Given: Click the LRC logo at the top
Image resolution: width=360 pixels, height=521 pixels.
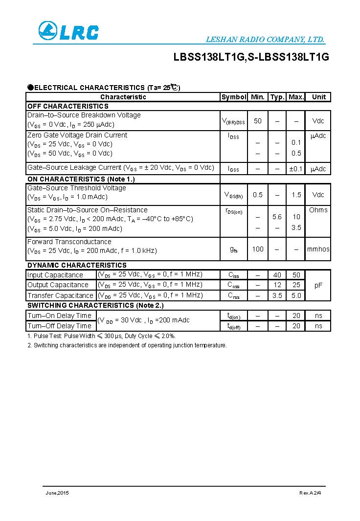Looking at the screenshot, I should [68, 32].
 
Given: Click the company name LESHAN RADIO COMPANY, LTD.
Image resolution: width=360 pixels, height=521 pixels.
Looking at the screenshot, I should [265, 40].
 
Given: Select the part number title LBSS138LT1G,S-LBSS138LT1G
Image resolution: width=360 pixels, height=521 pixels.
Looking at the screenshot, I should [251, 57].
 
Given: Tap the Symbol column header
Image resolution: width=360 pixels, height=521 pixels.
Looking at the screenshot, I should [234, 97].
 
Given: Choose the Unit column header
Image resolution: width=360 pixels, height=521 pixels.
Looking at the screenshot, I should [318, 97].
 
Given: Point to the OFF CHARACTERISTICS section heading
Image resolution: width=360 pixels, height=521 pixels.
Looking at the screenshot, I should [67, 106].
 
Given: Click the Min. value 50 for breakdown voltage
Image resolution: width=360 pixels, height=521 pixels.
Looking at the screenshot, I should [258, 121].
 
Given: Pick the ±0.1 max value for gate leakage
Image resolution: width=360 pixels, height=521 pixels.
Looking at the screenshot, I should [296, 169].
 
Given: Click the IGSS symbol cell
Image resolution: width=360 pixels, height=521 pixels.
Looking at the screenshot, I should [234, 169].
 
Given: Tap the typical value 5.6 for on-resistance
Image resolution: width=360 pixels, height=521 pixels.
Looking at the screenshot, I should [277, 217].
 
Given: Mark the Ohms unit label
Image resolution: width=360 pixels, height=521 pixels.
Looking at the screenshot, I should [318, 210].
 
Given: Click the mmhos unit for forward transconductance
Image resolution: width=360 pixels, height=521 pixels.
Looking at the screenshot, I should [318, 249].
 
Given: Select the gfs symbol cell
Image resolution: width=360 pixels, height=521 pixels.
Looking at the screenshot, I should [234, 249].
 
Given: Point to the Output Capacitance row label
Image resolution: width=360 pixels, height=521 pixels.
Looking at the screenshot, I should [58, 285].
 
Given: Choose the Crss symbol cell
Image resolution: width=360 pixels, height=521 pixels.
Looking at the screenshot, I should [234, 295].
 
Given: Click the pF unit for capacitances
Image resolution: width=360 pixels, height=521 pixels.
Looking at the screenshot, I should [318, 285].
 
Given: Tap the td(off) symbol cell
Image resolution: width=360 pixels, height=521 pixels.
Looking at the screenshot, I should [234, 326].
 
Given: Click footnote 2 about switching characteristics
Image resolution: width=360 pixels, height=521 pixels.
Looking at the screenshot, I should [127, 345].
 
